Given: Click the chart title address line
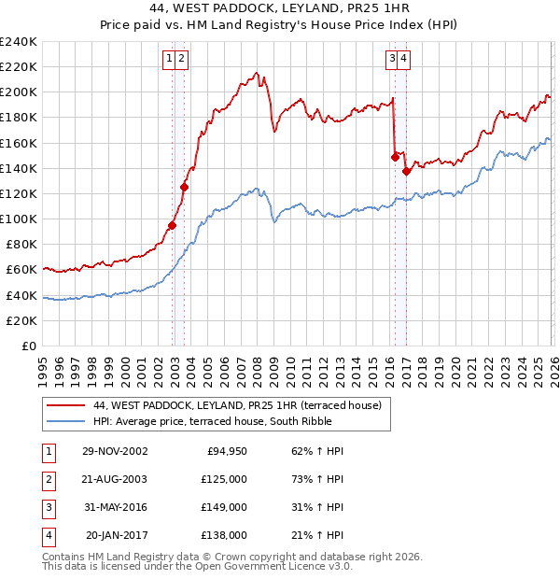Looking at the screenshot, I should point(279,8).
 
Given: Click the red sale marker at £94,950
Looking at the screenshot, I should point(173,225).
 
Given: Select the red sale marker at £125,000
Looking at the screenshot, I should point(184,187).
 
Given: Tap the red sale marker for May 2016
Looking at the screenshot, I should point(395,157).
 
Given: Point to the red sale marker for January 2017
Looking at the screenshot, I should point(406,171).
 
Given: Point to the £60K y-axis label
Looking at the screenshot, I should point(21,270).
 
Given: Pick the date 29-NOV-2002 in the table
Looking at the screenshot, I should point(114,451).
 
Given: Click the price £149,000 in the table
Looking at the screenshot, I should point(223,507).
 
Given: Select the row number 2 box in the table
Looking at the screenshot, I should point(48,479).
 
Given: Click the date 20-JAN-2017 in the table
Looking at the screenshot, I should point(116,535).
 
